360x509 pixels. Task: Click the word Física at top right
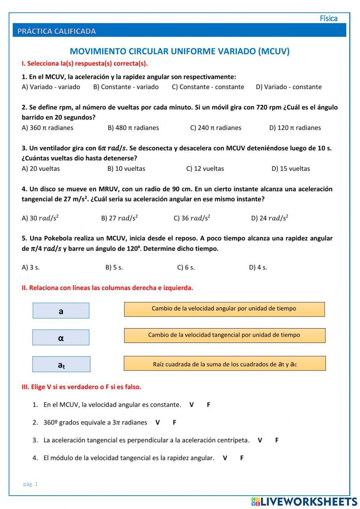click(328, 18)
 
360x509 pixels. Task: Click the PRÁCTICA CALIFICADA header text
click(57, 31)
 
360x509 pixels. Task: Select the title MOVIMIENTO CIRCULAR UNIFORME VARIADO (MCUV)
click(179, 51)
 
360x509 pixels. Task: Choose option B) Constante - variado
click(126, 87)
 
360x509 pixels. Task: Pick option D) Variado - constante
click(288, 87)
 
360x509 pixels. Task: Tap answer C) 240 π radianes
click(215, 128)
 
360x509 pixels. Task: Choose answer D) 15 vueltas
click(291, 169)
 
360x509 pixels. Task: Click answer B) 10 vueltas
click(126, 169)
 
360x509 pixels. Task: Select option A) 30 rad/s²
click(40, 218)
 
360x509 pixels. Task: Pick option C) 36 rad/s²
click(192, 218)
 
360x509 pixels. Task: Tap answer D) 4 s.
click(258, 267)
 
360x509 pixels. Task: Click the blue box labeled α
click(61, 338)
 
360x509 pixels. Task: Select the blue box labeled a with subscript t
click(61, 364)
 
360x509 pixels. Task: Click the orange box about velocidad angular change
click(224, 309)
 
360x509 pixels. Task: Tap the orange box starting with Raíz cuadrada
click(225, 363)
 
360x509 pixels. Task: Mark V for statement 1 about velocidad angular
click(192, 405)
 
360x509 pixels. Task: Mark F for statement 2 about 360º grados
click(174, 422)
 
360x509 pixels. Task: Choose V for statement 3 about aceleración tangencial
click(260, 440)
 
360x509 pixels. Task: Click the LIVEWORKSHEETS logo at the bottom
click(304, 501)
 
